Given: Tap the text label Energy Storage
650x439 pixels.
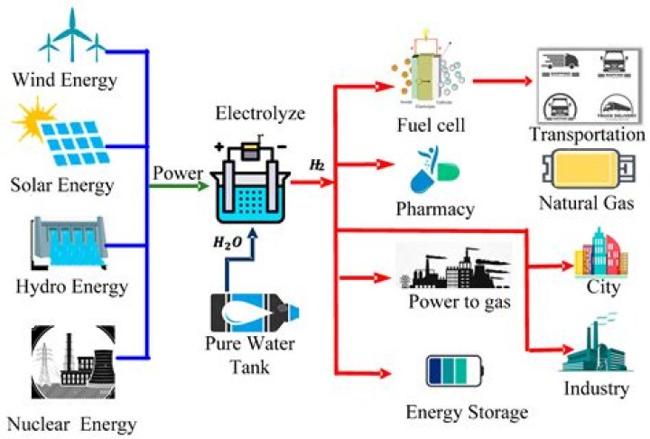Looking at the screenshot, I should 466,413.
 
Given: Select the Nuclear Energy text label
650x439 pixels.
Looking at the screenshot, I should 71,423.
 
